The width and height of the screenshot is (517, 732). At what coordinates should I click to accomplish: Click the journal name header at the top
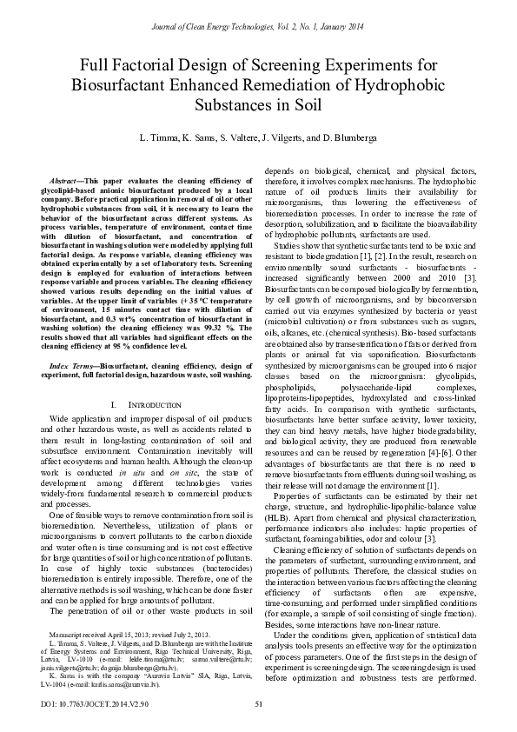pyautogui.click(x=258, y=28)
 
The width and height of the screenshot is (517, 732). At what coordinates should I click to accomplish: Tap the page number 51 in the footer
pyautogui.click(x=258, y=703)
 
